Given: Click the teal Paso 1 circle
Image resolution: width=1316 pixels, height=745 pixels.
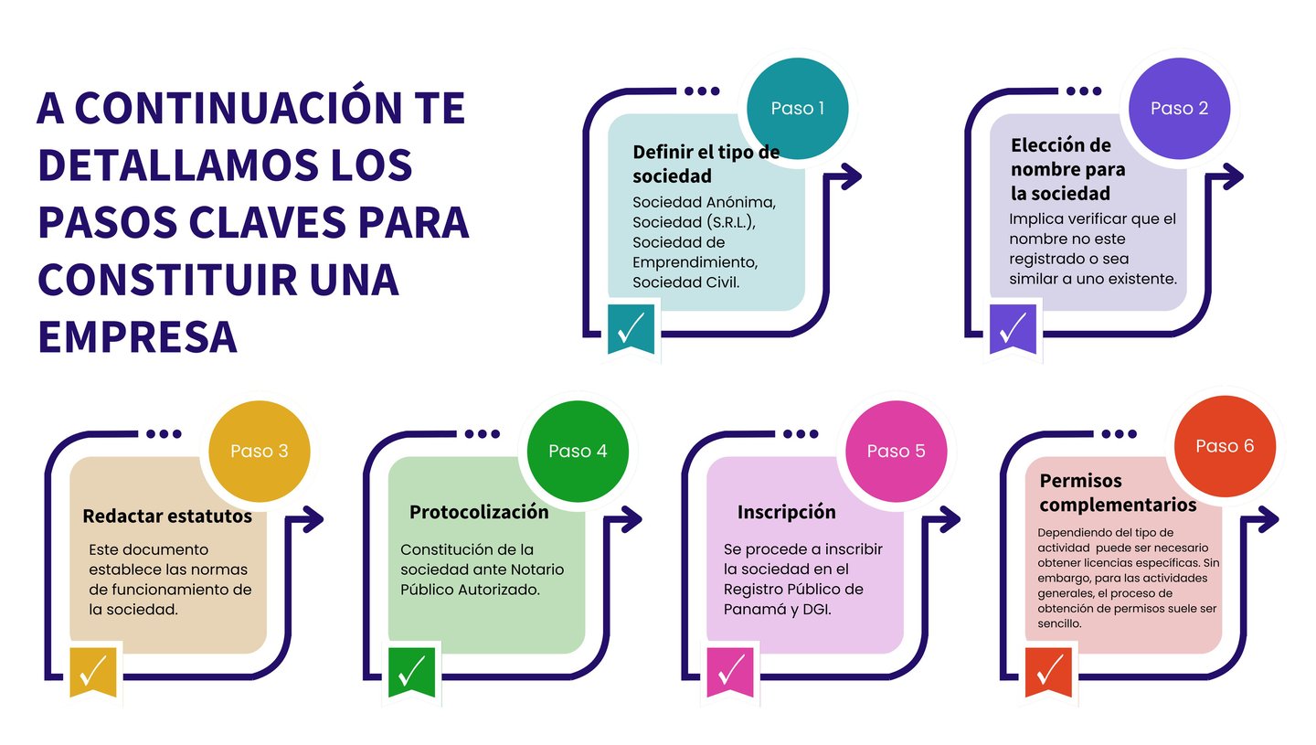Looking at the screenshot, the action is [798, 109].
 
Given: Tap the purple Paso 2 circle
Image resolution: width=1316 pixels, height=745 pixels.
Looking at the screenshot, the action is [1179, 109].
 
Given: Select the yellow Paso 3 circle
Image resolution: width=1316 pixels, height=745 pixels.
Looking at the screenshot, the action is [260, 452].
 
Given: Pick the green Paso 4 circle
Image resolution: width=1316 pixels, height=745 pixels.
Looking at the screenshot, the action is [578, 452].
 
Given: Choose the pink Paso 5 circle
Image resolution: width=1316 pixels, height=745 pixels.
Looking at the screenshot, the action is [896, 452].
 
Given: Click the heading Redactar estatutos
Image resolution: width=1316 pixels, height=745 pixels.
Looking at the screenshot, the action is [167, 516].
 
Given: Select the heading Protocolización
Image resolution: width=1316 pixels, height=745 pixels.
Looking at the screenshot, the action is [479, 512].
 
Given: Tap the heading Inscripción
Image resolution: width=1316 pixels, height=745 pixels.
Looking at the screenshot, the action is [786, 512].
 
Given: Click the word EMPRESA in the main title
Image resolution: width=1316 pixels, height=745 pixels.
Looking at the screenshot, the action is [137, 335].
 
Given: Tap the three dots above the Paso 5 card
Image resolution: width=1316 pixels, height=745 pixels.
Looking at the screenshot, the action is [801, 434].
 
